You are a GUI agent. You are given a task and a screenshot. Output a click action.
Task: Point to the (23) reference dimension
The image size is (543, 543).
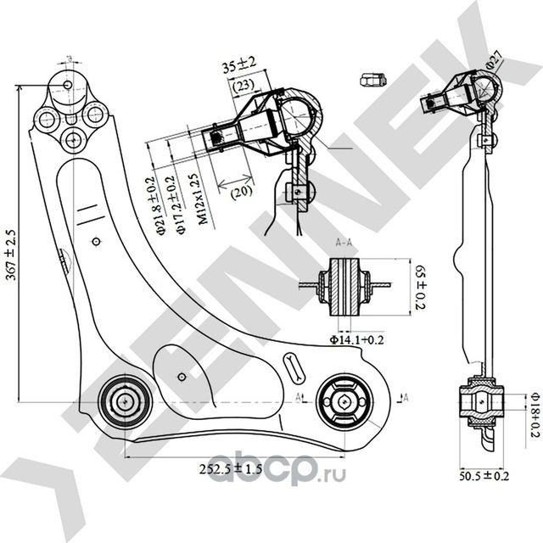pyautogui.click(x=243, y=85)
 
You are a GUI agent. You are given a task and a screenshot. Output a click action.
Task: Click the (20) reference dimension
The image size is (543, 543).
pyautogui.click(x=240, y=192)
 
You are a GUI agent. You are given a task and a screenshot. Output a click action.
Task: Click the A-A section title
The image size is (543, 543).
pyautogui.click(x=345, y=243)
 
